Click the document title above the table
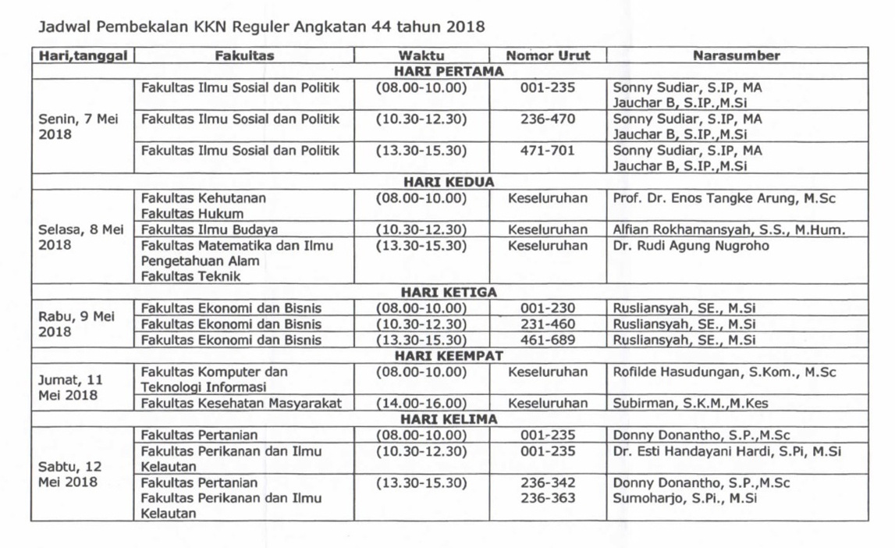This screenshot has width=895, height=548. point(261,27)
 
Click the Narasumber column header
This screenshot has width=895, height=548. point(736,55)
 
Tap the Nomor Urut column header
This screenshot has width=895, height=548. point(548,55)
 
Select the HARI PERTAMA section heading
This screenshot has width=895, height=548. point(449,71)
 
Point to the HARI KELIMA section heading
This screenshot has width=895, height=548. point(449,419)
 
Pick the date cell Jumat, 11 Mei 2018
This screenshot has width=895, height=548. point(70,387)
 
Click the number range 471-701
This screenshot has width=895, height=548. point(548,151)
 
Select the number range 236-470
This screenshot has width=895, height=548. point(548,119)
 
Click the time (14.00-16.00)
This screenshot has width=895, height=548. point(421,404)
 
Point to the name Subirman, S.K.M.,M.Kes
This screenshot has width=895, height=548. point(680,404)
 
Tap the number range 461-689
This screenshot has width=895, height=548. point(548,340)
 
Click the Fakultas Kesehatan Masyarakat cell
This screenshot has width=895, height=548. point(241,404)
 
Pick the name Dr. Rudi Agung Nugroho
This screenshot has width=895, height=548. point(691,246)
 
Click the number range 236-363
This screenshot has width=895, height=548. point(548,498)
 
